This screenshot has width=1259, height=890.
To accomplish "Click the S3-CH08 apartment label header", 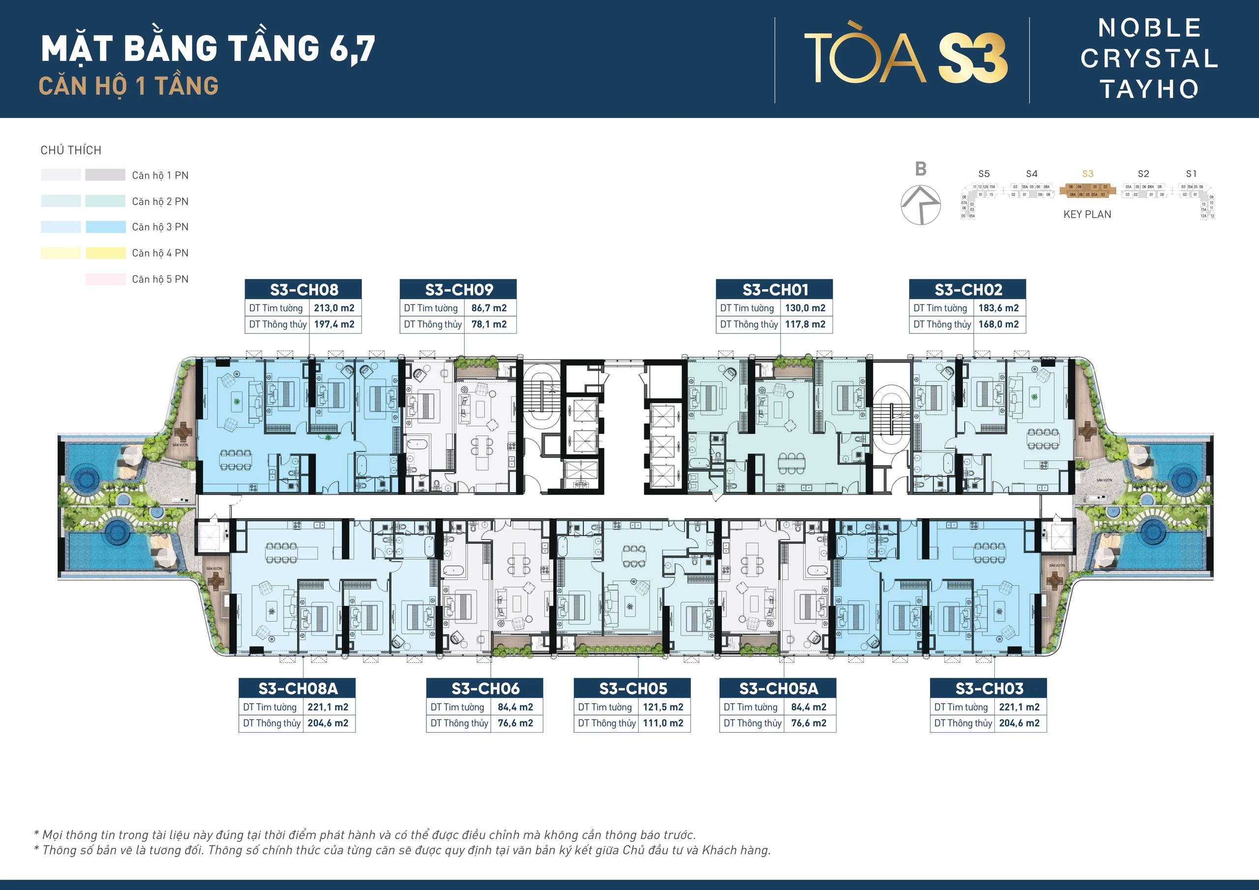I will click(x=303, y=289).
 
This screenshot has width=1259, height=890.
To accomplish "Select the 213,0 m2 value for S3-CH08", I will click(x=334, y=308).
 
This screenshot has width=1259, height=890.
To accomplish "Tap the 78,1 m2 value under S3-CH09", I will click(x=488, y=324).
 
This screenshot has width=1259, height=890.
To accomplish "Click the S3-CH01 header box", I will click(x=774, y=289).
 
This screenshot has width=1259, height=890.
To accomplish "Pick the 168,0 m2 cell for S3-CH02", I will click(x=998, y=324).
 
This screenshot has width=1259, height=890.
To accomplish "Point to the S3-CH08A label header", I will click(x=297, y=688).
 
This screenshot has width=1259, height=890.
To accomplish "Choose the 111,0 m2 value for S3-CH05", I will click(x=662, y=723).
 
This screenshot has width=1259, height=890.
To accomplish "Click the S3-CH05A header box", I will click(x=778, y=688).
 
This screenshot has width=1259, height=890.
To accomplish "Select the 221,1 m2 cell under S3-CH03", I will click(x=1019, y=707).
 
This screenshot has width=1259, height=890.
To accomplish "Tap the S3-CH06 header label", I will click(x=485, y=688).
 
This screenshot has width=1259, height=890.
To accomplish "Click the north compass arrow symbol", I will click(x=921, y=205).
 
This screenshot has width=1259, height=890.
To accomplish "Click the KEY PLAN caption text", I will click(x=1087, y=214).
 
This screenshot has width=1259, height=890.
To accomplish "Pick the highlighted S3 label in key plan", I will click(x=1087, y=174).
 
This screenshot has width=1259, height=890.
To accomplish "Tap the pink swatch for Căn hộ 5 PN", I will click(x=105, y=279).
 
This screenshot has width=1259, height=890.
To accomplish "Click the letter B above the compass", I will click(x=921, y=169).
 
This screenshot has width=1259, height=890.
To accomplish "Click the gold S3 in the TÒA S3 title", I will click(x=973, y=58).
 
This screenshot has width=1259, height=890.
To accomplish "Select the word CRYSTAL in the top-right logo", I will click(x=1149, y=58).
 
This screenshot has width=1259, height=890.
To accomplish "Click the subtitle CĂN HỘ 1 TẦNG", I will click(x=129, y=86).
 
